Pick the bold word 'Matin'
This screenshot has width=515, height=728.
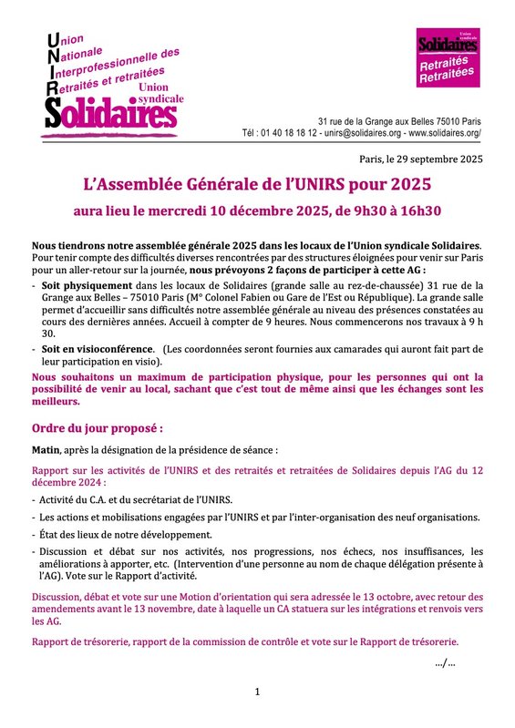(46, 449)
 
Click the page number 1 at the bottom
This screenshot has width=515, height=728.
(257, 692)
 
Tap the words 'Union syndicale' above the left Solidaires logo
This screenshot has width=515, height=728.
(160, 93)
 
